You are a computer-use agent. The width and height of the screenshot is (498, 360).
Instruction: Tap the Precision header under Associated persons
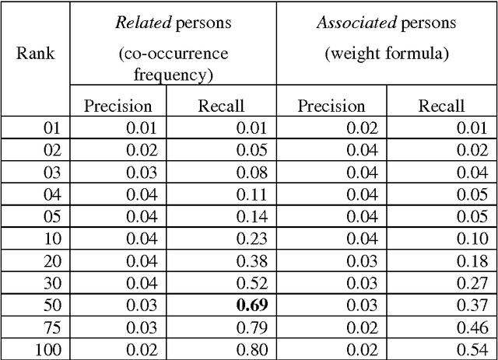331,106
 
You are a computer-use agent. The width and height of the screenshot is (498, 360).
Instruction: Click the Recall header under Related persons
222,106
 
